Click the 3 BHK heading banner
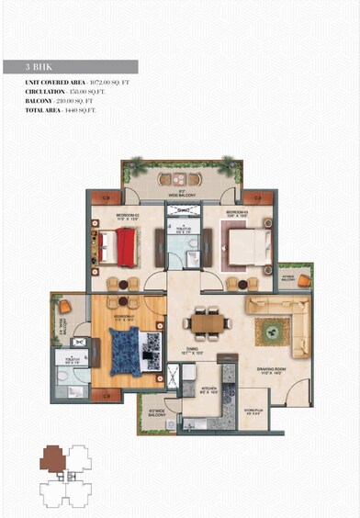coord(82,67)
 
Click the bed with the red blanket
coord(117,244)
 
